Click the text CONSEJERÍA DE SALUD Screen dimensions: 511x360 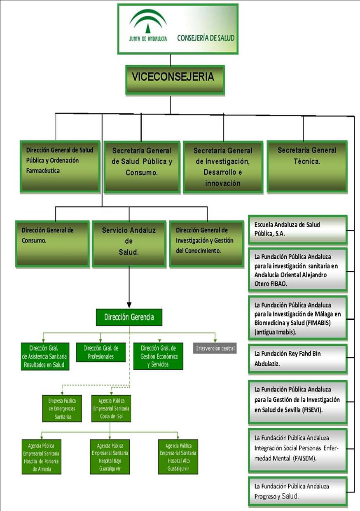click(x=206, y=38)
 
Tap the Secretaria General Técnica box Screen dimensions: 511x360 click(x=307, y=166)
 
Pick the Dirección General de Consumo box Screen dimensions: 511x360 click(x=52, y=244)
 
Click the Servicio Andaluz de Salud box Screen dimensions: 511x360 click(x=129, y=244)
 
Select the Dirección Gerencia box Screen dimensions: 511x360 click(x=129, y=317)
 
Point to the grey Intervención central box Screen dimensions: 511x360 click(x=215, y=348)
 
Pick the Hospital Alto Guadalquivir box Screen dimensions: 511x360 click(x=178, y=457)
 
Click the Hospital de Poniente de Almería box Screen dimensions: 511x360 click(x=42, y=457)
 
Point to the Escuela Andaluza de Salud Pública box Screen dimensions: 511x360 click(x=297, y=229)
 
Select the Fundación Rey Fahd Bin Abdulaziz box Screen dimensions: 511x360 click(x=297, y=357)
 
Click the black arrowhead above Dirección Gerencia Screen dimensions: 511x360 click(x=129, y=304)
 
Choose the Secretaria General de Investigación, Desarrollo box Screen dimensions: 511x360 click(x=223, y=166)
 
